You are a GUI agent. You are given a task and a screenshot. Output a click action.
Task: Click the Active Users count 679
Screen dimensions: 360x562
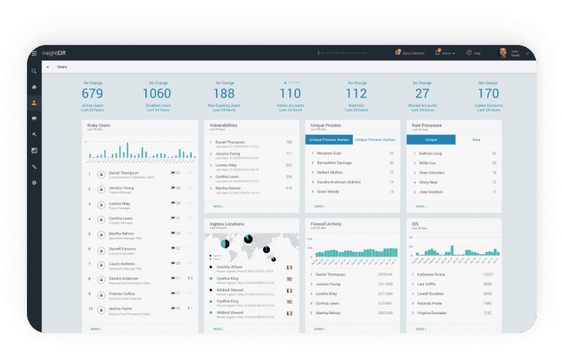coord(92,94)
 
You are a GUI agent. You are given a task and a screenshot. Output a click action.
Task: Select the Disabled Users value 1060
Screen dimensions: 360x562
coord(157,94)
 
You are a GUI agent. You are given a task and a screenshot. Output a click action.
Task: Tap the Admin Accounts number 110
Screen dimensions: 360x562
coord(290,94)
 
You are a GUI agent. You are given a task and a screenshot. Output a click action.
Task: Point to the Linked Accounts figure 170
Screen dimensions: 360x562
coord(488,94)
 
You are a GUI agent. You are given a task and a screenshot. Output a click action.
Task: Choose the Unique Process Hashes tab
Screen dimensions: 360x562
coord(375,139)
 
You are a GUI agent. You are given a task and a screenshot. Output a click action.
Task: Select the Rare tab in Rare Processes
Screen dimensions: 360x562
coord(477,139)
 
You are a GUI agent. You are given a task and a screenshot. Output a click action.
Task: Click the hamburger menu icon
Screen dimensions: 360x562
coord(34,53)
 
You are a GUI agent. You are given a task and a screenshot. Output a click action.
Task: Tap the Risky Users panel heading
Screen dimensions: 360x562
coord(98,126)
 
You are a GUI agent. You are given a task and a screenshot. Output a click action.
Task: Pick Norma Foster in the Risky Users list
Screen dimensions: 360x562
coord(120,307)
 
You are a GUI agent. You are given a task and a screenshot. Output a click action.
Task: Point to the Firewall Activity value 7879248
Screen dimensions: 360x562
coord(385,274)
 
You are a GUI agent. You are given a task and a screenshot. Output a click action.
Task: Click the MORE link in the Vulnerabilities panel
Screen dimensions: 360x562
coord(218,205)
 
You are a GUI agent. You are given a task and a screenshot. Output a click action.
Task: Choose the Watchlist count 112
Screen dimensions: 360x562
coord(356,94)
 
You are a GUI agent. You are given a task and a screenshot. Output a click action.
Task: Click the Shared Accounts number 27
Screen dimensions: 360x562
coord(423,94)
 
